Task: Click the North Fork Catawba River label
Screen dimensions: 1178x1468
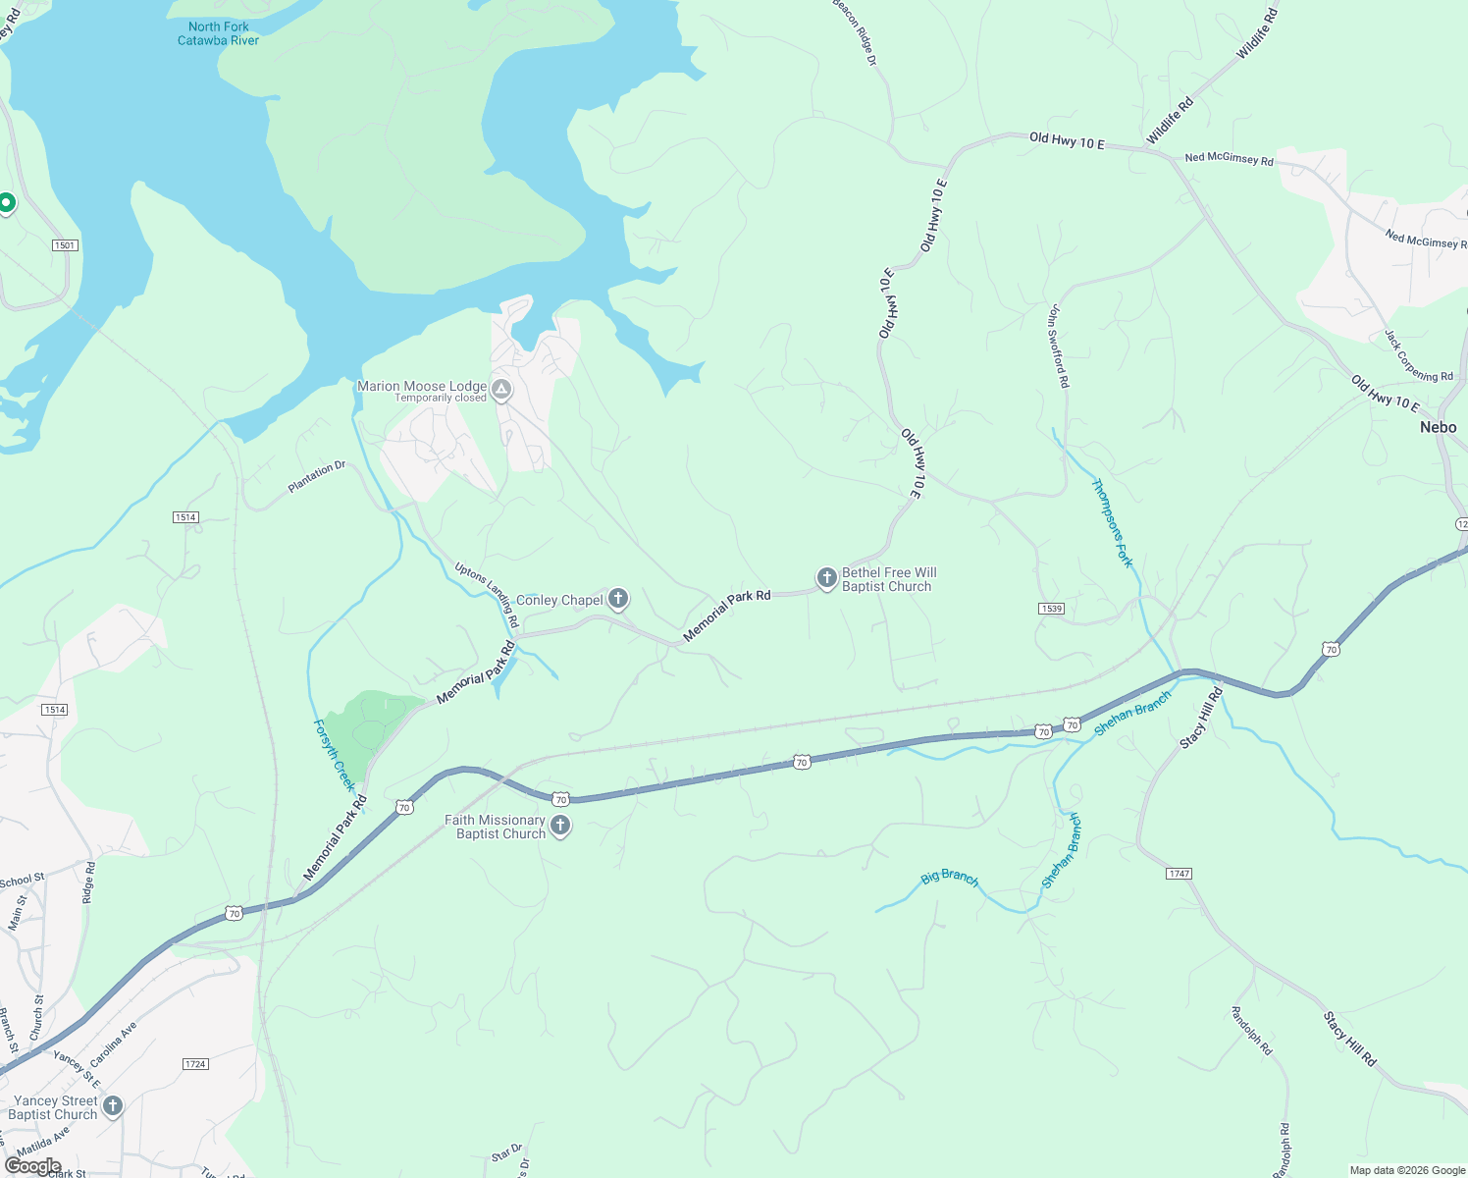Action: (218, 34)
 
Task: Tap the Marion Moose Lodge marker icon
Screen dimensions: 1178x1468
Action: (501, 391)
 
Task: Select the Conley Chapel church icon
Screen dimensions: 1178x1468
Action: (618, 598)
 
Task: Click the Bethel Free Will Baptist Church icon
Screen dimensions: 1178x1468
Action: (826, 577)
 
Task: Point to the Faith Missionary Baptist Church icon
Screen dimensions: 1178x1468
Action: (560, 825)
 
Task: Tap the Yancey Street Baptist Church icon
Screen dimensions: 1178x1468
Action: (113, 1106)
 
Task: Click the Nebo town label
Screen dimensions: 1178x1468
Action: (1438, 428)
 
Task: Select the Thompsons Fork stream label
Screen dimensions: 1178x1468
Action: (1113, 522)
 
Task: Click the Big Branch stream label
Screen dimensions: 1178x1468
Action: (949, 878)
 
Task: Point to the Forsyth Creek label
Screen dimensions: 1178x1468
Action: (334, 755)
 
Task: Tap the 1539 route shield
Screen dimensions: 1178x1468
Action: (1051, 609)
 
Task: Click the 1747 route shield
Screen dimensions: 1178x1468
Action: (1179, 874)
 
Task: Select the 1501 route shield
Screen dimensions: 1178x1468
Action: (65, 245)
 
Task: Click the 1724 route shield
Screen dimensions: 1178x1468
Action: (195, 1064)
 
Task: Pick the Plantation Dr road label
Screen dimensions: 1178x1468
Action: (316, 476)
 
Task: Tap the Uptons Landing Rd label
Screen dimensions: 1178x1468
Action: (487, 595)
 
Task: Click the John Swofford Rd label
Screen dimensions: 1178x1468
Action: (1057, 346)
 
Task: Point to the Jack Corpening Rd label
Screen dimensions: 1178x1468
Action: (1418, 356)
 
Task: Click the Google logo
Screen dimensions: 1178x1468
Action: (32, 1166)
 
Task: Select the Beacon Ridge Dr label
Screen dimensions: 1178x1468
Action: (855, 31)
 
